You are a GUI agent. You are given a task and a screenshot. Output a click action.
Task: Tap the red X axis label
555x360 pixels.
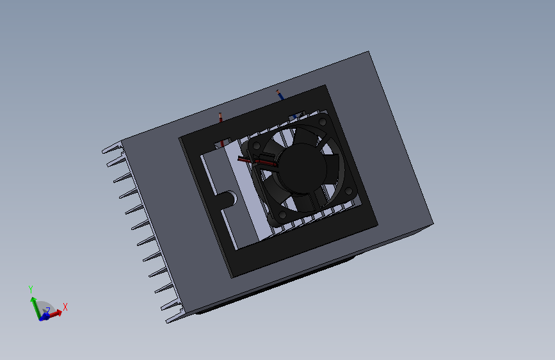click(65, 307)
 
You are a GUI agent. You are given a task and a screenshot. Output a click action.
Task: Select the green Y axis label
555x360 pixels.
click(31, 289)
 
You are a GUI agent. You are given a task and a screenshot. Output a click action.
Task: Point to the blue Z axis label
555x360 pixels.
click(48, 311)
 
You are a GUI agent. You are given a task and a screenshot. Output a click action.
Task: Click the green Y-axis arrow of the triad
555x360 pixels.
click(35, 307)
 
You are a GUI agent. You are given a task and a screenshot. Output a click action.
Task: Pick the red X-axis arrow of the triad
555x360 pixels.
click(53, 314)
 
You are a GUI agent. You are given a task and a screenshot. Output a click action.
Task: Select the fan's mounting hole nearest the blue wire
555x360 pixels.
click(323, 122)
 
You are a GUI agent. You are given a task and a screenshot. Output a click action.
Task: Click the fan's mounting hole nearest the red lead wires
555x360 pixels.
click(257, 145)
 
